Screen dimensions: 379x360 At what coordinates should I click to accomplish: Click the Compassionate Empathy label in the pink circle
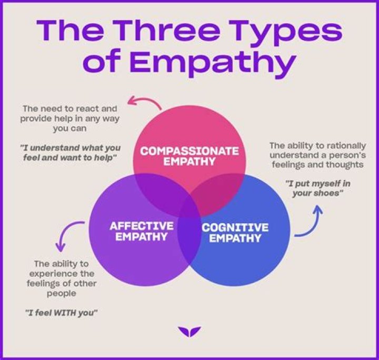pyautogui.click(x=189, y=156)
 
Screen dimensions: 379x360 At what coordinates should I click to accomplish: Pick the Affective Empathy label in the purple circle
pyautogui.click(x=142, y=231)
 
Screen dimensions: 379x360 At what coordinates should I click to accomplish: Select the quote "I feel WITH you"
pyautogui.click(x=62, y=313)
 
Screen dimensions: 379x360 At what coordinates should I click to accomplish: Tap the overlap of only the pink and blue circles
pyautogui.click(x=221, y=189)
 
